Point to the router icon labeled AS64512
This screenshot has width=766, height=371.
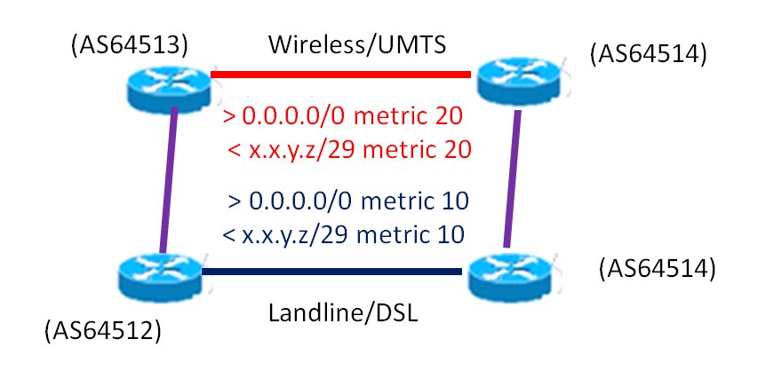160,276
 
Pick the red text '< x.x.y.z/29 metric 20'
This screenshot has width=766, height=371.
348,148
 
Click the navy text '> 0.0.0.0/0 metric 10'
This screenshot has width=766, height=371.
348,201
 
